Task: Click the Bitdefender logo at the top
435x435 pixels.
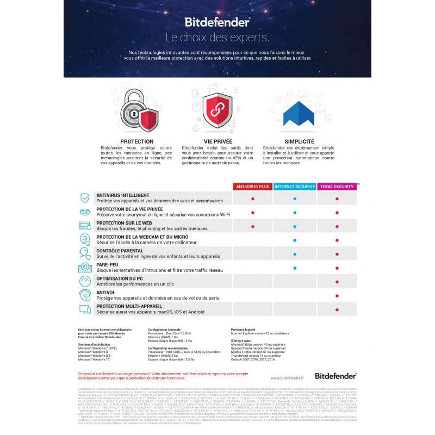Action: click(217, 22)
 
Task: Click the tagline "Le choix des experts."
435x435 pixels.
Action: click(217, 38)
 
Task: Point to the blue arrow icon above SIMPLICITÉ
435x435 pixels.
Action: click(298, 114)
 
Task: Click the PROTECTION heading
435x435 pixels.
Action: click(136, 141)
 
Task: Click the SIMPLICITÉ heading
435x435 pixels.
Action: click(298, 141)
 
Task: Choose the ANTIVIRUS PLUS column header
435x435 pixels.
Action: click(253, 187)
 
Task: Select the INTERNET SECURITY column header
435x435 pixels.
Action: click(295, 187)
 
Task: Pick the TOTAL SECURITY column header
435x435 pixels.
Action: click(337, 187)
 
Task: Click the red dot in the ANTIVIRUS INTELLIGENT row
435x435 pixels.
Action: click(253, 199)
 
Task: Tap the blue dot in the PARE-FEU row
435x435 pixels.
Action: click(295, 268)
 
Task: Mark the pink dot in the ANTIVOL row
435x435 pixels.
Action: click(337, 295)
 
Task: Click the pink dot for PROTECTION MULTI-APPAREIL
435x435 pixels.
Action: click(337, 309)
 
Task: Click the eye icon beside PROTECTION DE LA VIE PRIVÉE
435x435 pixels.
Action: click(85, 212)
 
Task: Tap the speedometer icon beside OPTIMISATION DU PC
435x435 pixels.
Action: click(85, 281)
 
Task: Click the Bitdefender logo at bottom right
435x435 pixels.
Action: click(335, 375)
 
